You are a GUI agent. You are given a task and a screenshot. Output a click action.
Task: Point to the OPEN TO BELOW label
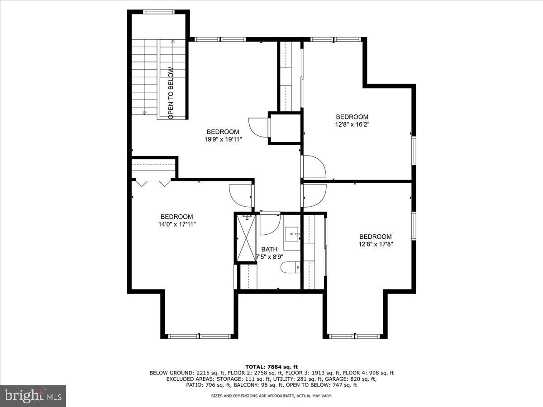coord(171,93)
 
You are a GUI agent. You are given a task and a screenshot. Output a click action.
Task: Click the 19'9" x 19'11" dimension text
coord(223,140)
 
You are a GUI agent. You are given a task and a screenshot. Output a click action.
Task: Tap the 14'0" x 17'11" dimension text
coord(176,224)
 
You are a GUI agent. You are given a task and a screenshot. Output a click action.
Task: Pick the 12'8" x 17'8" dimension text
coord(375,244)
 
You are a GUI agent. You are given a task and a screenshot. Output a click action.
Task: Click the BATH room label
coord(269,249)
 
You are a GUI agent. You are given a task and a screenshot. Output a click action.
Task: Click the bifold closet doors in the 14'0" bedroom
coord(153,182)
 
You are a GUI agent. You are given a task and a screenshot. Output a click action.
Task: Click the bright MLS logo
coord(33,396)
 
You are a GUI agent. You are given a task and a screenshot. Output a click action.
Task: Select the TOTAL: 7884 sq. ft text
coord(271,367)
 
